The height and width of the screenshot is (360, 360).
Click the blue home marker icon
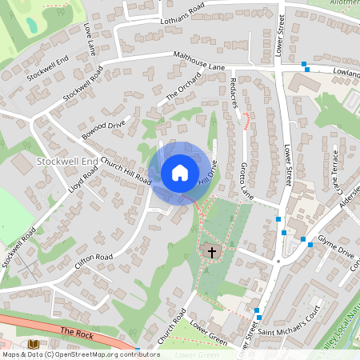(180, 172)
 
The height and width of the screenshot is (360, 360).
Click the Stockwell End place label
(67, 162)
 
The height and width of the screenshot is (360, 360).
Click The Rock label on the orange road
(77, 331)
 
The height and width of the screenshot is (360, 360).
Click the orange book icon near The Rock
(34, 344)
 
